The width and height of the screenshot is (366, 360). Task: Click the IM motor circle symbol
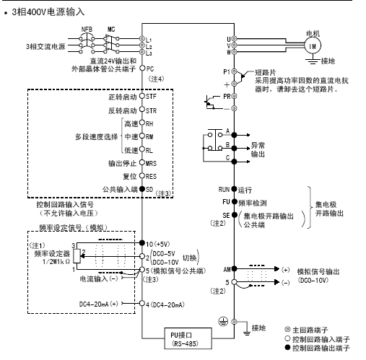pyautogui.click(x=313, y=45)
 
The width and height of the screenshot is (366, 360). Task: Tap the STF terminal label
pyautogui.click(x=151, y=95)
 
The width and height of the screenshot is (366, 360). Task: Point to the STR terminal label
pyautogui.click(x=151, y=111)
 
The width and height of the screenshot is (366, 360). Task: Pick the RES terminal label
pyautogui.click(x=152, y=175)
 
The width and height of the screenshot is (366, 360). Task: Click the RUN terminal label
pyautogui.click(x=225, y=188)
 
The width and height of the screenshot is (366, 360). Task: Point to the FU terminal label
pyautogui.click(x=226, y=201)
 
